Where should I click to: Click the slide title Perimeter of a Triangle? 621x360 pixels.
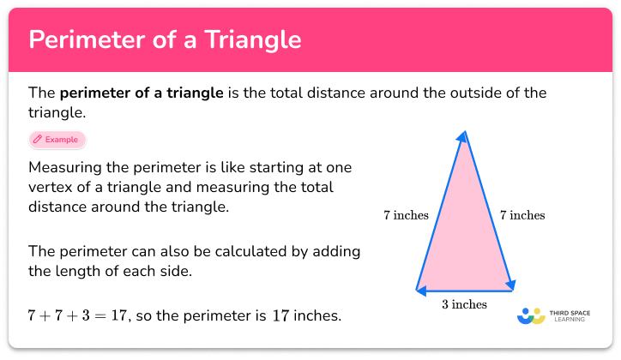coord(165,39)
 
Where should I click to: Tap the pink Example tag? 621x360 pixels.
coord(57,139)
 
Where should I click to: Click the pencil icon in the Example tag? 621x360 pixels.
coord(38,139)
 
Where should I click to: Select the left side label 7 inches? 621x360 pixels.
coord(406,215)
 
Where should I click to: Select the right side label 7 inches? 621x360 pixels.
coord(522,215)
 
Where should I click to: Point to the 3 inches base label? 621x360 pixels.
coord(464,304)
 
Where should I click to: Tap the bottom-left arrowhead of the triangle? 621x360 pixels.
coord(420,290)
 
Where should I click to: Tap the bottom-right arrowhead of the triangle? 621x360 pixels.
coord(509,285)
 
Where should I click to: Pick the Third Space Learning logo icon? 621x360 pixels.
coord(532,315)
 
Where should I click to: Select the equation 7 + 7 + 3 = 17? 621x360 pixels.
coord(77,315)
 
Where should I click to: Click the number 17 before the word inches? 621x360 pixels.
coord(280,315)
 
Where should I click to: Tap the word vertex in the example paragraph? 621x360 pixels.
coord(53,186)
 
